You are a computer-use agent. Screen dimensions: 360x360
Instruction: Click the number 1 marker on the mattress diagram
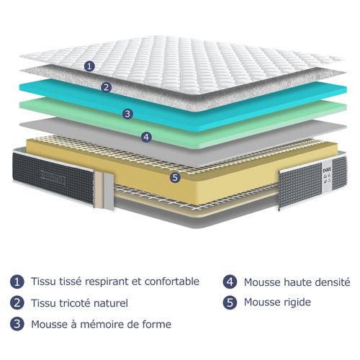pos(89,66)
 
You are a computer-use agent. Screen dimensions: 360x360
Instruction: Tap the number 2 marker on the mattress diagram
pos(107,88)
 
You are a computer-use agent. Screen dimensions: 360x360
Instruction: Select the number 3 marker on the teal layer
pos(127,113)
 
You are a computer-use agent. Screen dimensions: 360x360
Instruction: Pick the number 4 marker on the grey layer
pos(146,135)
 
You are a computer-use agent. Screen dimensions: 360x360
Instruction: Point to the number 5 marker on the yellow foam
pos(174,176)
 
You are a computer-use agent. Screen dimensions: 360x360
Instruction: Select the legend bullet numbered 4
pos(230,282)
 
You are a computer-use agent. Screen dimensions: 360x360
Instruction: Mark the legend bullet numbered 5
pos(230,302)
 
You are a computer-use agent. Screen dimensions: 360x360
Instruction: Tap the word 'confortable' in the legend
pos(169,282)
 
